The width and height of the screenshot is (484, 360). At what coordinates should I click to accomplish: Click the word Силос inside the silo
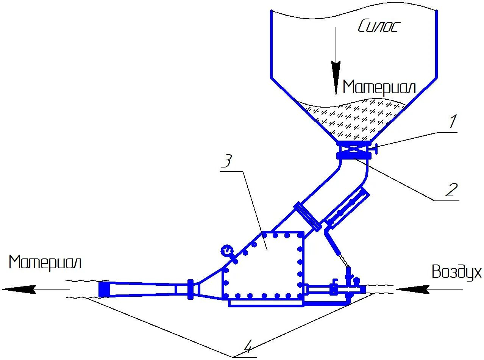coord(378,27)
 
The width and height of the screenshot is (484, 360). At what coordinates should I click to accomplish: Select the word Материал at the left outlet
coord(45,262)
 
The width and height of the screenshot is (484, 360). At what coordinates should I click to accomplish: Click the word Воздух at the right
coord(456,272)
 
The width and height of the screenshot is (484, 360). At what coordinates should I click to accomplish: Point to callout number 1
coord(453,122)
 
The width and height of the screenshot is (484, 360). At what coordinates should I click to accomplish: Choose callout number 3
coord(226,162)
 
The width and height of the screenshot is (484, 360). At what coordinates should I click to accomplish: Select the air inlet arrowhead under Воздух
coord(411,290)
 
